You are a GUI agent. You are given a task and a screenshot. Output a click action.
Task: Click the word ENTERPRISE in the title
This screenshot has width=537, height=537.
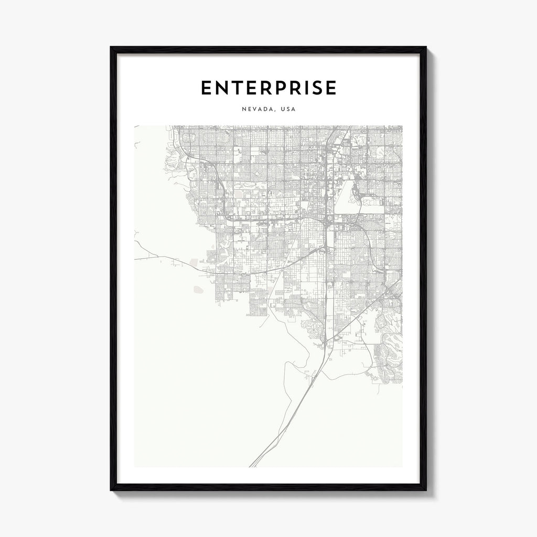coord(268,88)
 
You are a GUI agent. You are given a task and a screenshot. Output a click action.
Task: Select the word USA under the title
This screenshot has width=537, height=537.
coord(288,110)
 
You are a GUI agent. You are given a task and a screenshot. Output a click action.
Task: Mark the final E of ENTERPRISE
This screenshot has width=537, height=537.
coord(329,88)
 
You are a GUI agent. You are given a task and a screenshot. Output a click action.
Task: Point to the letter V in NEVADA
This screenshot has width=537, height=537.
coord(254,110)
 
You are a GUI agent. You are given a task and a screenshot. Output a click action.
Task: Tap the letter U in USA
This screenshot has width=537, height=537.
coord(283,110)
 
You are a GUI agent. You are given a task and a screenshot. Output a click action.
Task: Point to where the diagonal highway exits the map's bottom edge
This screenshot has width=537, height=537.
coord(251,466)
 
